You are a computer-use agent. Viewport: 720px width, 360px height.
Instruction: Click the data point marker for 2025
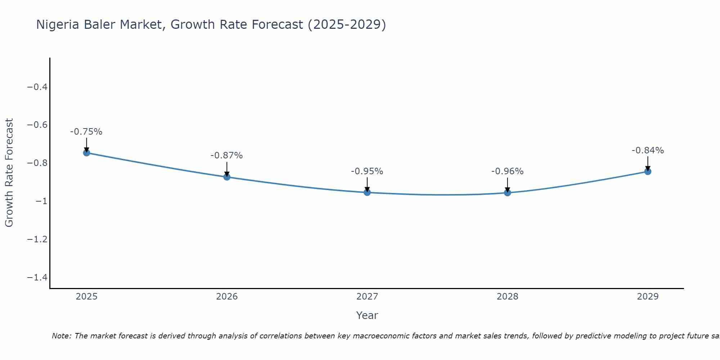coord(86,153)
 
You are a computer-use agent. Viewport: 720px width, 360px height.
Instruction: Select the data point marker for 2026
coord(227,177)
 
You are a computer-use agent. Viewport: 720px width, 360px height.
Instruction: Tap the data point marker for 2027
coord(367,192)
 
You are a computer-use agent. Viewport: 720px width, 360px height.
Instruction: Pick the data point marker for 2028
coord(507,193)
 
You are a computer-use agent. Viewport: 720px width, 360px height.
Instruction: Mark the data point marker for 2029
coord(648,171)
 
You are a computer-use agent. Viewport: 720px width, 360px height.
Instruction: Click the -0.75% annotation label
coord(86,132)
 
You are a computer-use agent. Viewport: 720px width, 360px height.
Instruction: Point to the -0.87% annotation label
coord(227,156)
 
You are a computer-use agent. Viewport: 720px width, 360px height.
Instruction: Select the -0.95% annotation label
coord(367,171)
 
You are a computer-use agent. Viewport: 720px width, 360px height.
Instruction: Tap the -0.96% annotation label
coord(507,171)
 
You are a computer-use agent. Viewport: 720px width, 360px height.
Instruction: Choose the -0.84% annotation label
coord(648,150)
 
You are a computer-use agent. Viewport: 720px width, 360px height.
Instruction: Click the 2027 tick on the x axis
coord(367,297)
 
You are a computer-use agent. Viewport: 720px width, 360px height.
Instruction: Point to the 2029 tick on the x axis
coord(648,297)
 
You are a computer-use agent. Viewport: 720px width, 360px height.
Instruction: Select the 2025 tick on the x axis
coord(87,297)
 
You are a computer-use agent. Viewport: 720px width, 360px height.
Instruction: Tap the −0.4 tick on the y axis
coord(37,87)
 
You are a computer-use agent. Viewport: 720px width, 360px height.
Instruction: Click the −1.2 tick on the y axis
coord(37,239)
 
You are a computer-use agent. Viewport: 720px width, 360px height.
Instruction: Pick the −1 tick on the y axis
coord(41,201)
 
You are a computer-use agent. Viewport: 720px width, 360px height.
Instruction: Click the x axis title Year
coord(367,316)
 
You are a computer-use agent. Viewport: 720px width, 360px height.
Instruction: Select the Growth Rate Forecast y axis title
coord(9,173)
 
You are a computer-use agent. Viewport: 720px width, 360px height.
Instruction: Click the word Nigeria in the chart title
coord(58,25)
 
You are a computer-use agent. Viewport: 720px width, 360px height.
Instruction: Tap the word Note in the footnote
coord(61,336)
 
